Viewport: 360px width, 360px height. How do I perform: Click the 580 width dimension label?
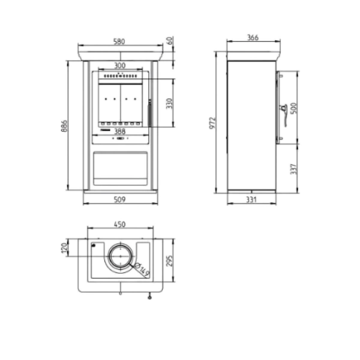[119, 41]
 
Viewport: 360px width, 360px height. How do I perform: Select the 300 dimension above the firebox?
[120, 66]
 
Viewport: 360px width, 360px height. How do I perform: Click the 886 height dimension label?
[64, 126]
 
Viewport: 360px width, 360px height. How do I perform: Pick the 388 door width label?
[120, 132]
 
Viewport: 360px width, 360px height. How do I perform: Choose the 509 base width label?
[120, 200]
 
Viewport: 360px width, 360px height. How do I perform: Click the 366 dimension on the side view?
[253, 38]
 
